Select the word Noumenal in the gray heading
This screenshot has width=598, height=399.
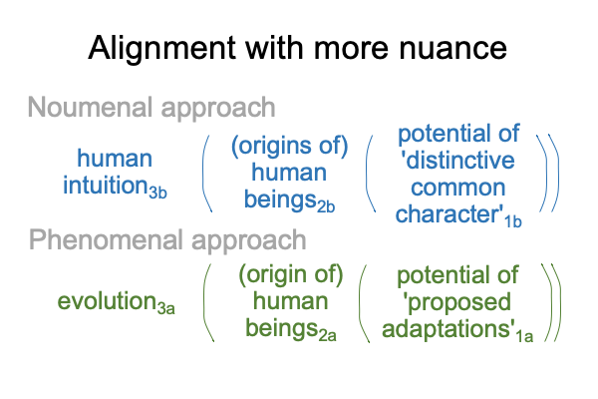(90, 108)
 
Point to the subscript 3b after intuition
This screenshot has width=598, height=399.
(157, 193)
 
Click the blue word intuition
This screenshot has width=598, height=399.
(106, 186)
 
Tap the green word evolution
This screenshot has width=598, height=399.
(107, 301)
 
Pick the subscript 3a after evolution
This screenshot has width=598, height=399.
(165, 308)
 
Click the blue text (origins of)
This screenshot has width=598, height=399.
(289, 146)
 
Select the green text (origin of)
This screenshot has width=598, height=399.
(291, 275)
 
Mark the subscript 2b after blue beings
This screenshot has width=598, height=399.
(326, 206)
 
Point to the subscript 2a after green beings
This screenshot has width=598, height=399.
(327, 335)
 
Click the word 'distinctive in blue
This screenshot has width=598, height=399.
(457, 160)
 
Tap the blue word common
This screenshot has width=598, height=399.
(458, 188)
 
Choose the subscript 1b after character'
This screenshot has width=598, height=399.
(513, 221)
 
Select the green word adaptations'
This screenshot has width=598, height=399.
(448, 328)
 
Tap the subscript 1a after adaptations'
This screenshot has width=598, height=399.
(525, 336)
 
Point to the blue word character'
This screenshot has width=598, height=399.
(449, 214)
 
